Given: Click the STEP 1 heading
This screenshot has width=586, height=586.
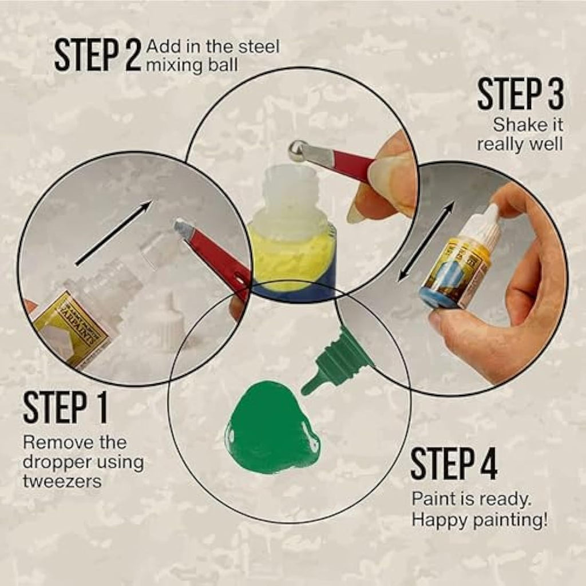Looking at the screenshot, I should click(x=65, y=407).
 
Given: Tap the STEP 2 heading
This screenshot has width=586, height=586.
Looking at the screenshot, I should click(x=97, y=56).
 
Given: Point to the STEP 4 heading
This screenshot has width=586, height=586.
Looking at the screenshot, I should click(x=454, y=464).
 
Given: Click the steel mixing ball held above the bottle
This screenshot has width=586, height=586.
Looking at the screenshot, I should click(x=298, y=150).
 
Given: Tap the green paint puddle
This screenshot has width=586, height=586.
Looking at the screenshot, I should click(x=271, y=430).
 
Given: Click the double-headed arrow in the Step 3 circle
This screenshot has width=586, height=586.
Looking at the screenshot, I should click(x=427, y=240).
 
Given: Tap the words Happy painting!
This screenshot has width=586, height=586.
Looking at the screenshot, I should click(x=480, y=520).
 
